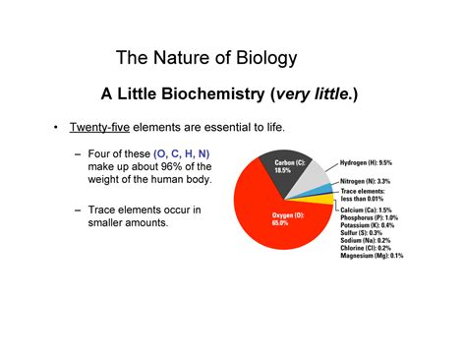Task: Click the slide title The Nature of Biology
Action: click(x=205, y=58)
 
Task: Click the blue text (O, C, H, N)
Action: click(x=181, y=154)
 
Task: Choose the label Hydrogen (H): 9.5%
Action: click(x=366, y=162)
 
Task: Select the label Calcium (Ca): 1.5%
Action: click(x=366, y=210)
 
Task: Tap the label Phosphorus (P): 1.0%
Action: click(x=370, y=217)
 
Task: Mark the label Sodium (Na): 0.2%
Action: click(x=364, y=240)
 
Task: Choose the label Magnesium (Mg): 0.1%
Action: click(x=371, y=255)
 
